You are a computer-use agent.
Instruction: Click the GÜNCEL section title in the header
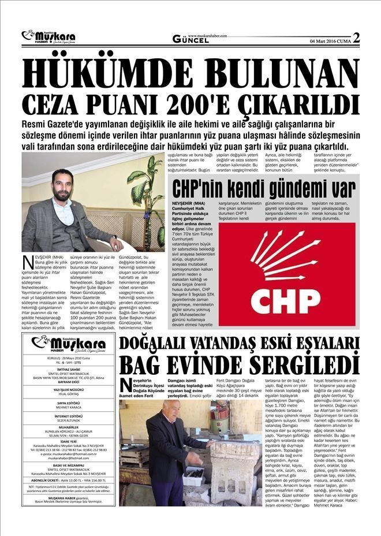point(190,40)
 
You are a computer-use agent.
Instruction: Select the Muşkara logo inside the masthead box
point(69,345)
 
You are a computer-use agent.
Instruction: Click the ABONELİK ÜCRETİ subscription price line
point(69,479)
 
